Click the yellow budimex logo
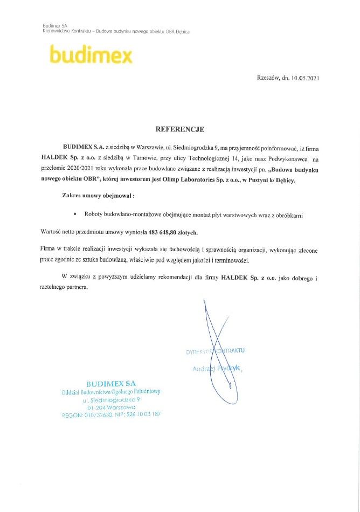[x=90, y=55]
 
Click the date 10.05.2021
[x=306, y=78]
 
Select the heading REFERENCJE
[x=180, y=129]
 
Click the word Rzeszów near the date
[x=268, y=78]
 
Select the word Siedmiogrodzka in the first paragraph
[x=186, y=147]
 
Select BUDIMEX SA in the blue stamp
[x=110, y=383]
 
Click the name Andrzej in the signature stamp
[x=204, y=369]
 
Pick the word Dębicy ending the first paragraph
[x=284, y=182]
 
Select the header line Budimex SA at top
[x=54, y=25]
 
